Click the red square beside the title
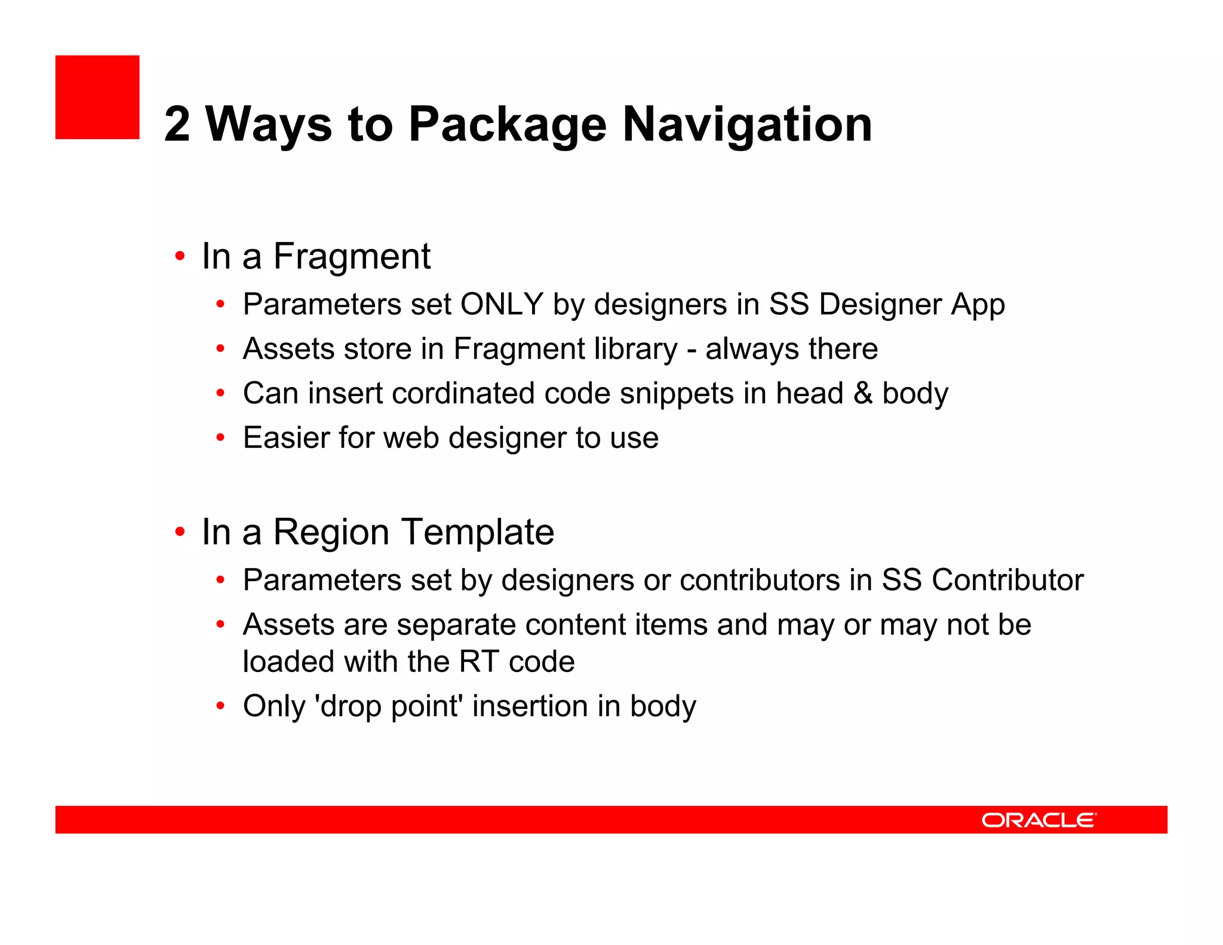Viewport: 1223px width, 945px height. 97,97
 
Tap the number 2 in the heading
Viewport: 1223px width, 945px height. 177,124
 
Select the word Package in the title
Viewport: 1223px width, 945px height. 508,124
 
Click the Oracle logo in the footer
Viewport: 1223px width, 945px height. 1038,820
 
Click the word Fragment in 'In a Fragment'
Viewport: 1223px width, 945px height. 352,256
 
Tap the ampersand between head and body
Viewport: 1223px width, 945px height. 863,393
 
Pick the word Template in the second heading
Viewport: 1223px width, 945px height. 477,532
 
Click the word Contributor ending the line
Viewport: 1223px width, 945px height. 1007,580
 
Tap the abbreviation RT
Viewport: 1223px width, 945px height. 479,661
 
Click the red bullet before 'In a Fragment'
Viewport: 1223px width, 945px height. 180,256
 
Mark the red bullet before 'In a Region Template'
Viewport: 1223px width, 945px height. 180,532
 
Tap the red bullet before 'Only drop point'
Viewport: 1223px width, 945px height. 220,706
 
